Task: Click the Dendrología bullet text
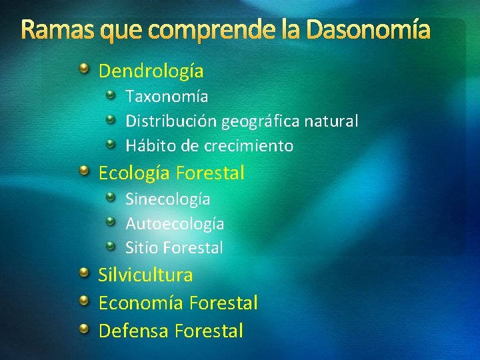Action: tap(151, 71)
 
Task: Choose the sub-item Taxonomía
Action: tap(167, 97)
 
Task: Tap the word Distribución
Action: tap(171, 121)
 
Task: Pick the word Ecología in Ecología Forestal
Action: tap(135, 173)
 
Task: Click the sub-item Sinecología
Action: tap(168, 199)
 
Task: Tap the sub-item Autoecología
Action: tap(175, 224)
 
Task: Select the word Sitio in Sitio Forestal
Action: tap(142, 248)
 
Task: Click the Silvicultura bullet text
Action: tap(146, 275)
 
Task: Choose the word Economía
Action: tap(141, 303)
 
